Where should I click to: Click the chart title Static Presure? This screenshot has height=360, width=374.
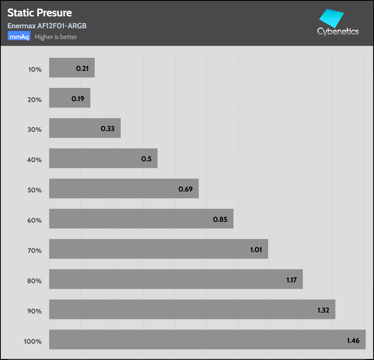(39, 13)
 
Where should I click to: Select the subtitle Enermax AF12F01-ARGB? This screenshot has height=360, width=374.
(47, 26)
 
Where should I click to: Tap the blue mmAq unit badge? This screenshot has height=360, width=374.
(19, 37)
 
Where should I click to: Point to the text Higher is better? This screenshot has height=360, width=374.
(56, 37)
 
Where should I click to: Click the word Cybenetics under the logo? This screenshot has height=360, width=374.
(338, 31)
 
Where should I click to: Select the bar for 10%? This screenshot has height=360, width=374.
(72, 68)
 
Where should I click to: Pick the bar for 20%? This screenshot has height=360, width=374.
(70, 98)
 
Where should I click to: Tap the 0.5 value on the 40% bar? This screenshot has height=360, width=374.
(146, 159)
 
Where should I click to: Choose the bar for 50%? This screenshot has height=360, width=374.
(124, 188)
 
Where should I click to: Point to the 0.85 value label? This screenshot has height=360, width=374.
(220, 219)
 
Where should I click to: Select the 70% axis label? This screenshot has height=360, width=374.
(35, 250)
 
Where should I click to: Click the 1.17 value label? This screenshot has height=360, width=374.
(292, 280)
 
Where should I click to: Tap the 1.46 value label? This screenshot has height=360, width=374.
(353, 340)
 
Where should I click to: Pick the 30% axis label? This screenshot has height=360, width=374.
(35, 129)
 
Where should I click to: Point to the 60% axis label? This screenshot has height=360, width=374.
(35, 220)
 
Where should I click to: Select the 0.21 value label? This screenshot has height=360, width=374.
(82, 68)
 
